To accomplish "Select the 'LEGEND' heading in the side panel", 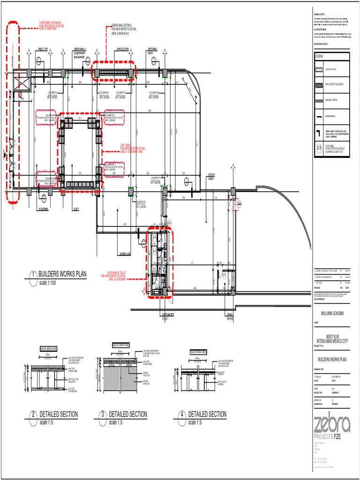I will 319,56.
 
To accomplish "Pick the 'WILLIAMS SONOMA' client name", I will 332,313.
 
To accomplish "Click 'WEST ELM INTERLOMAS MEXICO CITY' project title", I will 332,339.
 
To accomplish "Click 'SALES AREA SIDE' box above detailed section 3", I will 120,345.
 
